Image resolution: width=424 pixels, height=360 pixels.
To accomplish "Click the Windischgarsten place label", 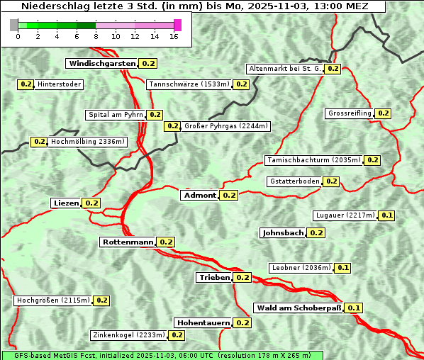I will [102, 64].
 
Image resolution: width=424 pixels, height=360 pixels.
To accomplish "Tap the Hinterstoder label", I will [60, 84].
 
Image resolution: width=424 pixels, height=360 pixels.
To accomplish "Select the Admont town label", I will [199, 196].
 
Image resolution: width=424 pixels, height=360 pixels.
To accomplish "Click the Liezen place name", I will [66, 203].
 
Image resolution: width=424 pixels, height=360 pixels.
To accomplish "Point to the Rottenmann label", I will [128, 242].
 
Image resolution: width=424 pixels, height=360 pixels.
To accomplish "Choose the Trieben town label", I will [214, 278].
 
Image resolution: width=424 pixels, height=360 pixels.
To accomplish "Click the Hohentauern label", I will [203, 323].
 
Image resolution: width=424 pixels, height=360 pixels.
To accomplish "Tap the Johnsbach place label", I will [283, 233].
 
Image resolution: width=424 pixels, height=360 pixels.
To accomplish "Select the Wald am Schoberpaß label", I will [299, 308].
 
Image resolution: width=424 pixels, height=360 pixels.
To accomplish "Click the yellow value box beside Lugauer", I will [387, 215].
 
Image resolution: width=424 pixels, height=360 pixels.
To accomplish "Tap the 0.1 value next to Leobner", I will [342, 268].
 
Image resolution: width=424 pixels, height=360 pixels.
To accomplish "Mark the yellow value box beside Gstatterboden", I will [331, 181].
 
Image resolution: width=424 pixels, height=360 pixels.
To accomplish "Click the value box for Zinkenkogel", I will [177, 335].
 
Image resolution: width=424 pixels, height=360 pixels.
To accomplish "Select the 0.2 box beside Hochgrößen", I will [101, 300].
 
